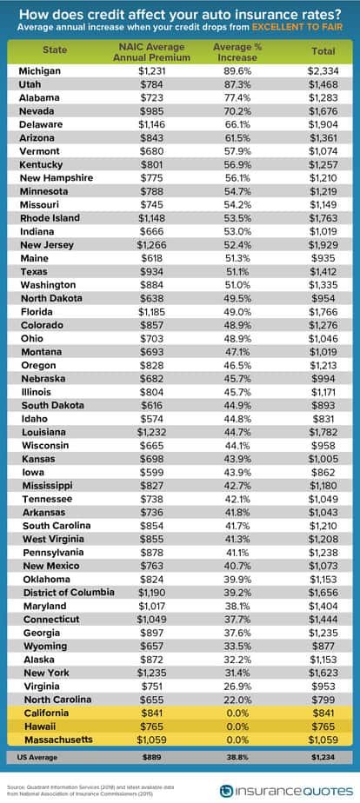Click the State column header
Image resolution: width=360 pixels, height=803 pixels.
56,50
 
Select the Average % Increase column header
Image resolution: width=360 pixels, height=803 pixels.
237,52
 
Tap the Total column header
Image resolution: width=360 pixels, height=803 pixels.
323,50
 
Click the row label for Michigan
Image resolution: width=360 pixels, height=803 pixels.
39,70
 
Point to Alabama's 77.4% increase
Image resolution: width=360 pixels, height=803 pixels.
237,97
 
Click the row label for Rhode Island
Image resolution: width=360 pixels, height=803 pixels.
50,217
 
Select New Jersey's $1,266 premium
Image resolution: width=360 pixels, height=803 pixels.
152,244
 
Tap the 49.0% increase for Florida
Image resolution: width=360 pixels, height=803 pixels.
237,311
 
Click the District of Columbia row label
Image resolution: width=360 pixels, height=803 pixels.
69,593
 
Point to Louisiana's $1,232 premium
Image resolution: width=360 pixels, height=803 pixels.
152,432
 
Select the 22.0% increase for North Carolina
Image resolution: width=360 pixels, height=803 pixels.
237,700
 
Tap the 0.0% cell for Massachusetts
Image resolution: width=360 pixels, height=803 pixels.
237,740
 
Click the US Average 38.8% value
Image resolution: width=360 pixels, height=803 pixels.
237,757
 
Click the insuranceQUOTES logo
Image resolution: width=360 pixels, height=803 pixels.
286,790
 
